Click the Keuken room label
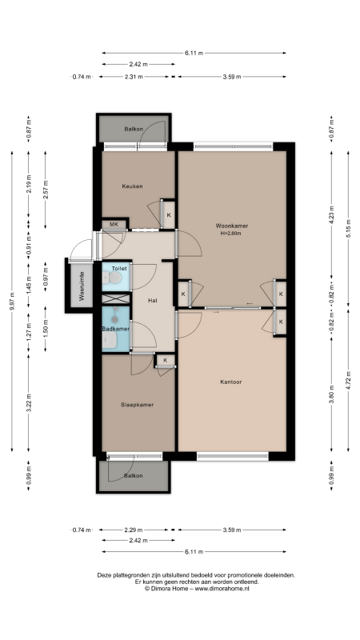click(132, 186)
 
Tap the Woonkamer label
click(232, 226)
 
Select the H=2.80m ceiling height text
click(232, 234)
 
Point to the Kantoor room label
click(231, 382)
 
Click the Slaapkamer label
click(137, 405)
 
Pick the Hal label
click(153, 301)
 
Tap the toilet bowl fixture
click(112, 278)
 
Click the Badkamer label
click(116, 329)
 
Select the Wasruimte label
click(82, 286)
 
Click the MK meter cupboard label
click(114, 224)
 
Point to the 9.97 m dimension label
click(12, 302)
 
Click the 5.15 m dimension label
click(348, 229)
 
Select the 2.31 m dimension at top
click(134, 77)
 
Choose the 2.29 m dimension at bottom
click(134, 530)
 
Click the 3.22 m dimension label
click(29, 403)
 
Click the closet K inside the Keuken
click(169, 215)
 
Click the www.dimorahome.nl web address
click(222, 589)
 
